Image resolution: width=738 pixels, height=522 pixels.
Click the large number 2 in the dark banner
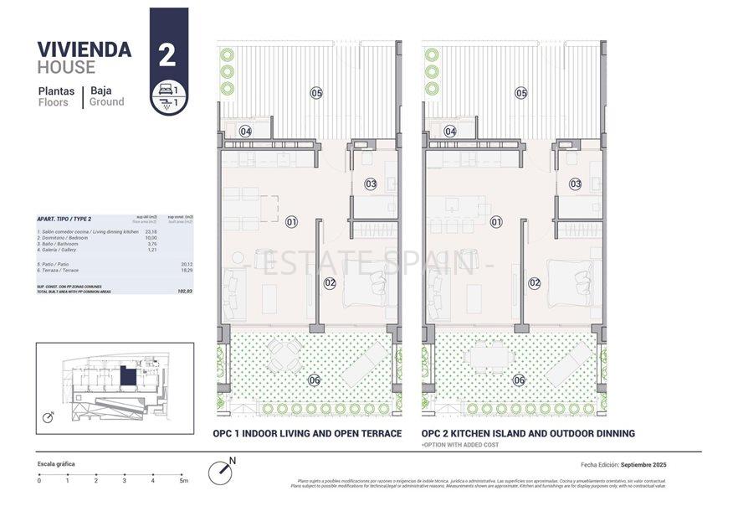[x=167, y=55]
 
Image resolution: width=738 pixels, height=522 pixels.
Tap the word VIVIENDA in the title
[x=85, y=49]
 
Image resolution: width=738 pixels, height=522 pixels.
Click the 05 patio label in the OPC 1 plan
[x=316, y=93]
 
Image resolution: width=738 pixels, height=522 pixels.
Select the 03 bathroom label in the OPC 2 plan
[x=576, y=183]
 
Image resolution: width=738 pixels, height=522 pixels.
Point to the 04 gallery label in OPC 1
[x=246, y=131]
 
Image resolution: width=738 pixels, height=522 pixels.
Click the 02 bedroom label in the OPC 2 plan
[x=535, y=282]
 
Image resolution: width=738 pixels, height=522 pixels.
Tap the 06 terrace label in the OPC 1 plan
[x=314, y=380]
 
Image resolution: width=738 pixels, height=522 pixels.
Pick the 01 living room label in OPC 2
[x=496, y=222]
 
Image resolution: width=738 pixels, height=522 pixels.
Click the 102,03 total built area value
[x=184, y=291]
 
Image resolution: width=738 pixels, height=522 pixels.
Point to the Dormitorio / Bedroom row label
[x=64, y=237]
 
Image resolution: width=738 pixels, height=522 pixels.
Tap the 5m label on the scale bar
[x=183, y=481]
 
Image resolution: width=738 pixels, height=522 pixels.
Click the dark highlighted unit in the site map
[x=127, y=376]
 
